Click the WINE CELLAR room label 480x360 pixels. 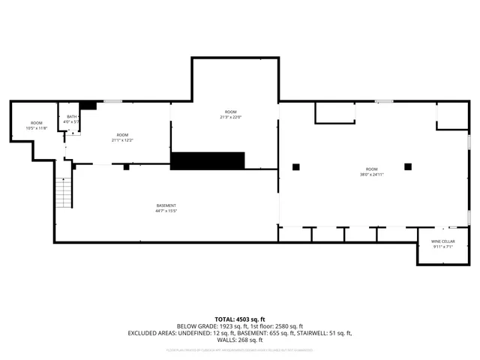point(442,241)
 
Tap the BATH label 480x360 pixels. point(72,116)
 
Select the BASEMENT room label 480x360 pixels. point(166,205)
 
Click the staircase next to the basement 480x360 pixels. point(64,192)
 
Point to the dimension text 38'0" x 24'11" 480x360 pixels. point(372,174)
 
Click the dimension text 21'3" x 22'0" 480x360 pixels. point(230,117)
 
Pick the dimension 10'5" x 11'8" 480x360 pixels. point(37,128)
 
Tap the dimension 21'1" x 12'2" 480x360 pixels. point(122,140)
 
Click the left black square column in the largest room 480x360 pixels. point(296,166)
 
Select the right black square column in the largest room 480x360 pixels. point(408,166)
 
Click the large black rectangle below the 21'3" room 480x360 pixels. point(208,160)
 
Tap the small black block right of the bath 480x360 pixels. point(88,106)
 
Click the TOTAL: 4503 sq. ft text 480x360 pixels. point(239,319)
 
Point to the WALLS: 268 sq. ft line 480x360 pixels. point(239,340)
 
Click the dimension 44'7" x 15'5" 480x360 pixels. point(166,211)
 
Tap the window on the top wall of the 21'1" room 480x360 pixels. point(112,101)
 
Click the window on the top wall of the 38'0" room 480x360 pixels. point(384,101)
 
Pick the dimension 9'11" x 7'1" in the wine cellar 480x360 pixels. point(442,247)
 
